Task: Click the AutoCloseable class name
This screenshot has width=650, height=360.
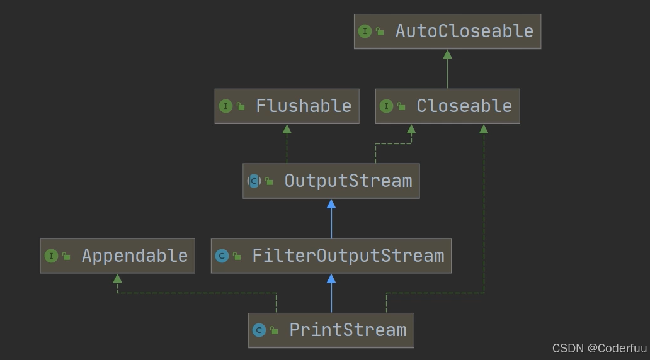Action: pyautogui.click(x=464, y=31)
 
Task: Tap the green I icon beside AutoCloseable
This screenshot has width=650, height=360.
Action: pyautogui.click(x=365, y=31)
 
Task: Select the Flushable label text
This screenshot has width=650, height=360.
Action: pyautogui.click(x=303, y=106)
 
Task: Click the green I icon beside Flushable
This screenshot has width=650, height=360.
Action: pyautogui.click(x=225, y=106)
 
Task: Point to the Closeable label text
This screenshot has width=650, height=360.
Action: pyautogui.click(x=464, y=106)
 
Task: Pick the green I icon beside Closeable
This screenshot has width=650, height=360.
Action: pyautogui.click(x=385, y=106)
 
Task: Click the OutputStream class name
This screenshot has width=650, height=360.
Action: pyautogui.click(x=348, y=181)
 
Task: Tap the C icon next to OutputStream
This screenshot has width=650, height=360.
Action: pyautogui.click(x=254, y=181)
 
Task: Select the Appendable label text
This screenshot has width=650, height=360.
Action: pyautogui.click(x=134, y=256)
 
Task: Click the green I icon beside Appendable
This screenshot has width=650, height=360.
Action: pyautogui.click(x=51, y=256)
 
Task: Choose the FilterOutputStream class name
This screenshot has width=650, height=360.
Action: pyautogui.click(x=348, y=256)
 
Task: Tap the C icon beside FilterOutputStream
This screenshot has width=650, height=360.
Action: pyautogui.click(x=222, y=256)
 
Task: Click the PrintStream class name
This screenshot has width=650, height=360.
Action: pyautogui.click(x=348, y=330)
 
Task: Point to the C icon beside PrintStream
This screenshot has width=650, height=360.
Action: pyautogui.click(x=258, y=330)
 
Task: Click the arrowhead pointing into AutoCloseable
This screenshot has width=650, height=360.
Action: pyautogui.click(x=447, y=54)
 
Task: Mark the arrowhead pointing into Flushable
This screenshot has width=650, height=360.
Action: pyautogui.click(x=287, y=129)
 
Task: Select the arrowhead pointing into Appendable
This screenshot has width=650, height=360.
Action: pyautogui.click(x=117, y=278)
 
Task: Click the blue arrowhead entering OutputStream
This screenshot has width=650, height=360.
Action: pyautogui.click(x=331, y=204)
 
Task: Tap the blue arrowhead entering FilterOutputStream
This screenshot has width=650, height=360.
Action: pyautogui.click(x=331, y=278)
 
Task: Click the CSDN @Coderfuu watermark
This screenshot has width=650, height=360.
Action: pyautogui.click(x=599, y=348)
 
